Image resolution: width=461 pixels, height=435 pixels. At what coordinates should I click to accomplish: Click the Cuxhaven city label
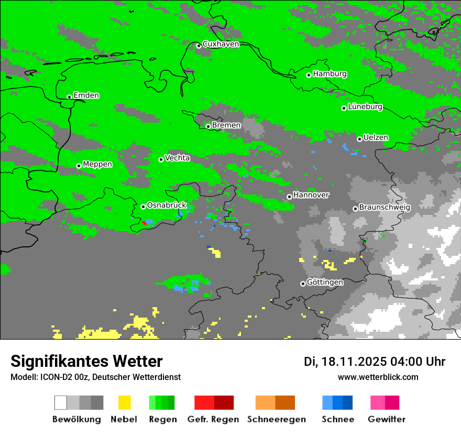pos(221,45)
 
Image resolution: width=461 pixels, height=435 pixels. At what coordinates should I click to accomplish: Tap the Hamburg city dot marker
pos(309,75)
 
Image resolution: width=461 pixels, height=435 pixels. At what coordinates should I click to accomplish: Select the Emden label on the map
pos(86,95)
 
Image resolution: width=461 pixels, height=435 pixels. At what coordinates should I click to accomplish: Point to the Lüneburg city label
pos(365,107)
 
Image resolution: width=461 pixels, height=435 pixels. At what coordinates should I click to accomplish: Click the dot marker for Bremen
pos(208,126)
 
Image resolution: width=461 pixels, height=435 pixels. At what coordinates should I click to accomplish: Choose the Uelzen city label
pos(376,138)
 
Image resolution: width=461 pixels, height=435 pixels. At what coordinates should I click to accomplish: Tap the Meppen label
pos(97,165)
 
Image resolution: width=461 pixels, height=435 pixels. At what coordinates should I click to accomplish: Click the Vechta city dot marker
pos(161,159)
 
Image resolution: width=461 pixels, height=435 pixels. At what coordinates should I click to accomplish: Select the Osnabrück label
pos(167,205)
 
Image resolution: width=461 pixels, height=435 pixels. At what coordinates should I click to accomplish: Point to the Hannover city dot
pos(289,197)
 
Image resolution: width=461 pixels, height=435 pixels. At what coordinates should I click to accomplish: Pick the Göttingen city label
pos(325,282)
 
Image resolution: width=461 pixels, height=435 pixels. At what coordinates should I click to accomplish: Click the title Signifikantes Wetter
pos(86,362)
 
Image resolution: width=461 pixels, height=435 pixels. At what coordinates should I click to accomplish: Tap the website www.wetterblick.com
pos(378,377)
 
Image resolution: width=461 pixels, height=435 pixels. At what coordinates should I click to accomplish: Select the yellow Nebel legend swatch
pos(124,403)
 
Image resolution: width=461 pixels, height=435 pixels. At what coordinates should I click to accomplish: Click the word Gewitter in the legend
pos(387,419)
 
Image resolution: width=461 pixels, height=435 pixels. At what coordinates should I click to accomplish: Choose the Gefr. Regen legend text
pos(213,419)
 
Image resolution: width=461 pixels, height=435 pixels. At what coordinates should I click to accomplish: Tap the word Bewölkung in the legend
pos(76,419)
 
